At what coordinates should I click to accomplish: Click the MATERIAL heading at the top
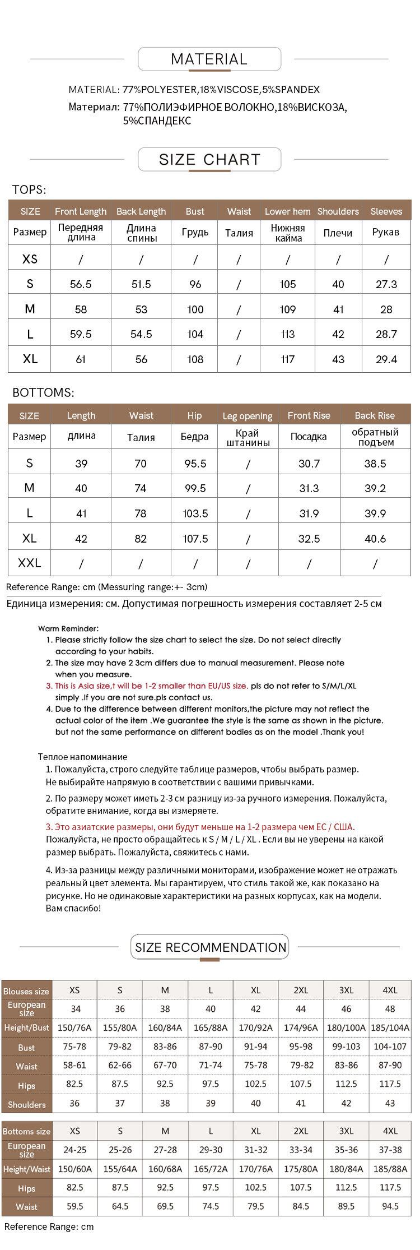(x=209, y=59)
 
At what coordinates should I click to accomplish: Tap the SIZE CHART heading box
(x=209, y=160)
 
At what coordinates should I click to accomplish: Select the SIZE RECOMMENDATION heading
(x=211, y=947)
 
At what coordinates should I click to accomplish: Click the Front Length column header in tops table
(x=81, y=211)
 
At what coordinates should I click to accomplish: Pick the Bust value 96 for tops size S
(x=195, y=284)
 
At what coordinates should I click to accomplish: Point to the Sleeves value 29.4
(x=386, y=359)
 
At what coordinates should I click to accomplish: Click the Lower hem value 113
(x=288, y=334)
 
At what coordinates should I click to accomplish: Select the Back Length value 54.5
(x=141, y=334)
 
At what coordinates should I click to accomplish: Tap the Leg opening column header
(x=248, y=416)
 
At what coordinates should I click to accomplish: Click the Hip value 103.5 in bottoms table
(x=195, y=513)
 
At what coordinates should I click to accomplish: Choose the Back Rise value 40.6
(x=375, y=539)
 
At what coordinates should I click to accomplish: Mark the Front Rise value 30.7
(x=309, y=464)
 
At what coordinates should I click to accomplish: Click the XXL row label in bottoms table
(x=30, y=563)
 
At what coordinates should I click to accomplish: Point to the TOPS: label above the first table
(x=29, y=190)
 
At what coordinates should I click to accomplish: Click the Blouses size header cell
(x=26, y=991)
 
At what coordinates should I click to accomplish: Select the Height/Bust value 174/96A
(x=301, y=1027)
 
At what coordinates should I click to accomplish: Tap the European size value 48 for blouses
(x=390, y=1008)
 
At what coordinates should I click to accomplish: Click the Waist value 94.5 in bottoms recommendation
(x=390, y=1206)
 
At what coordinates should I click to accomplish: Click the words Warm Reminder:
(x=68, y=629)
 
